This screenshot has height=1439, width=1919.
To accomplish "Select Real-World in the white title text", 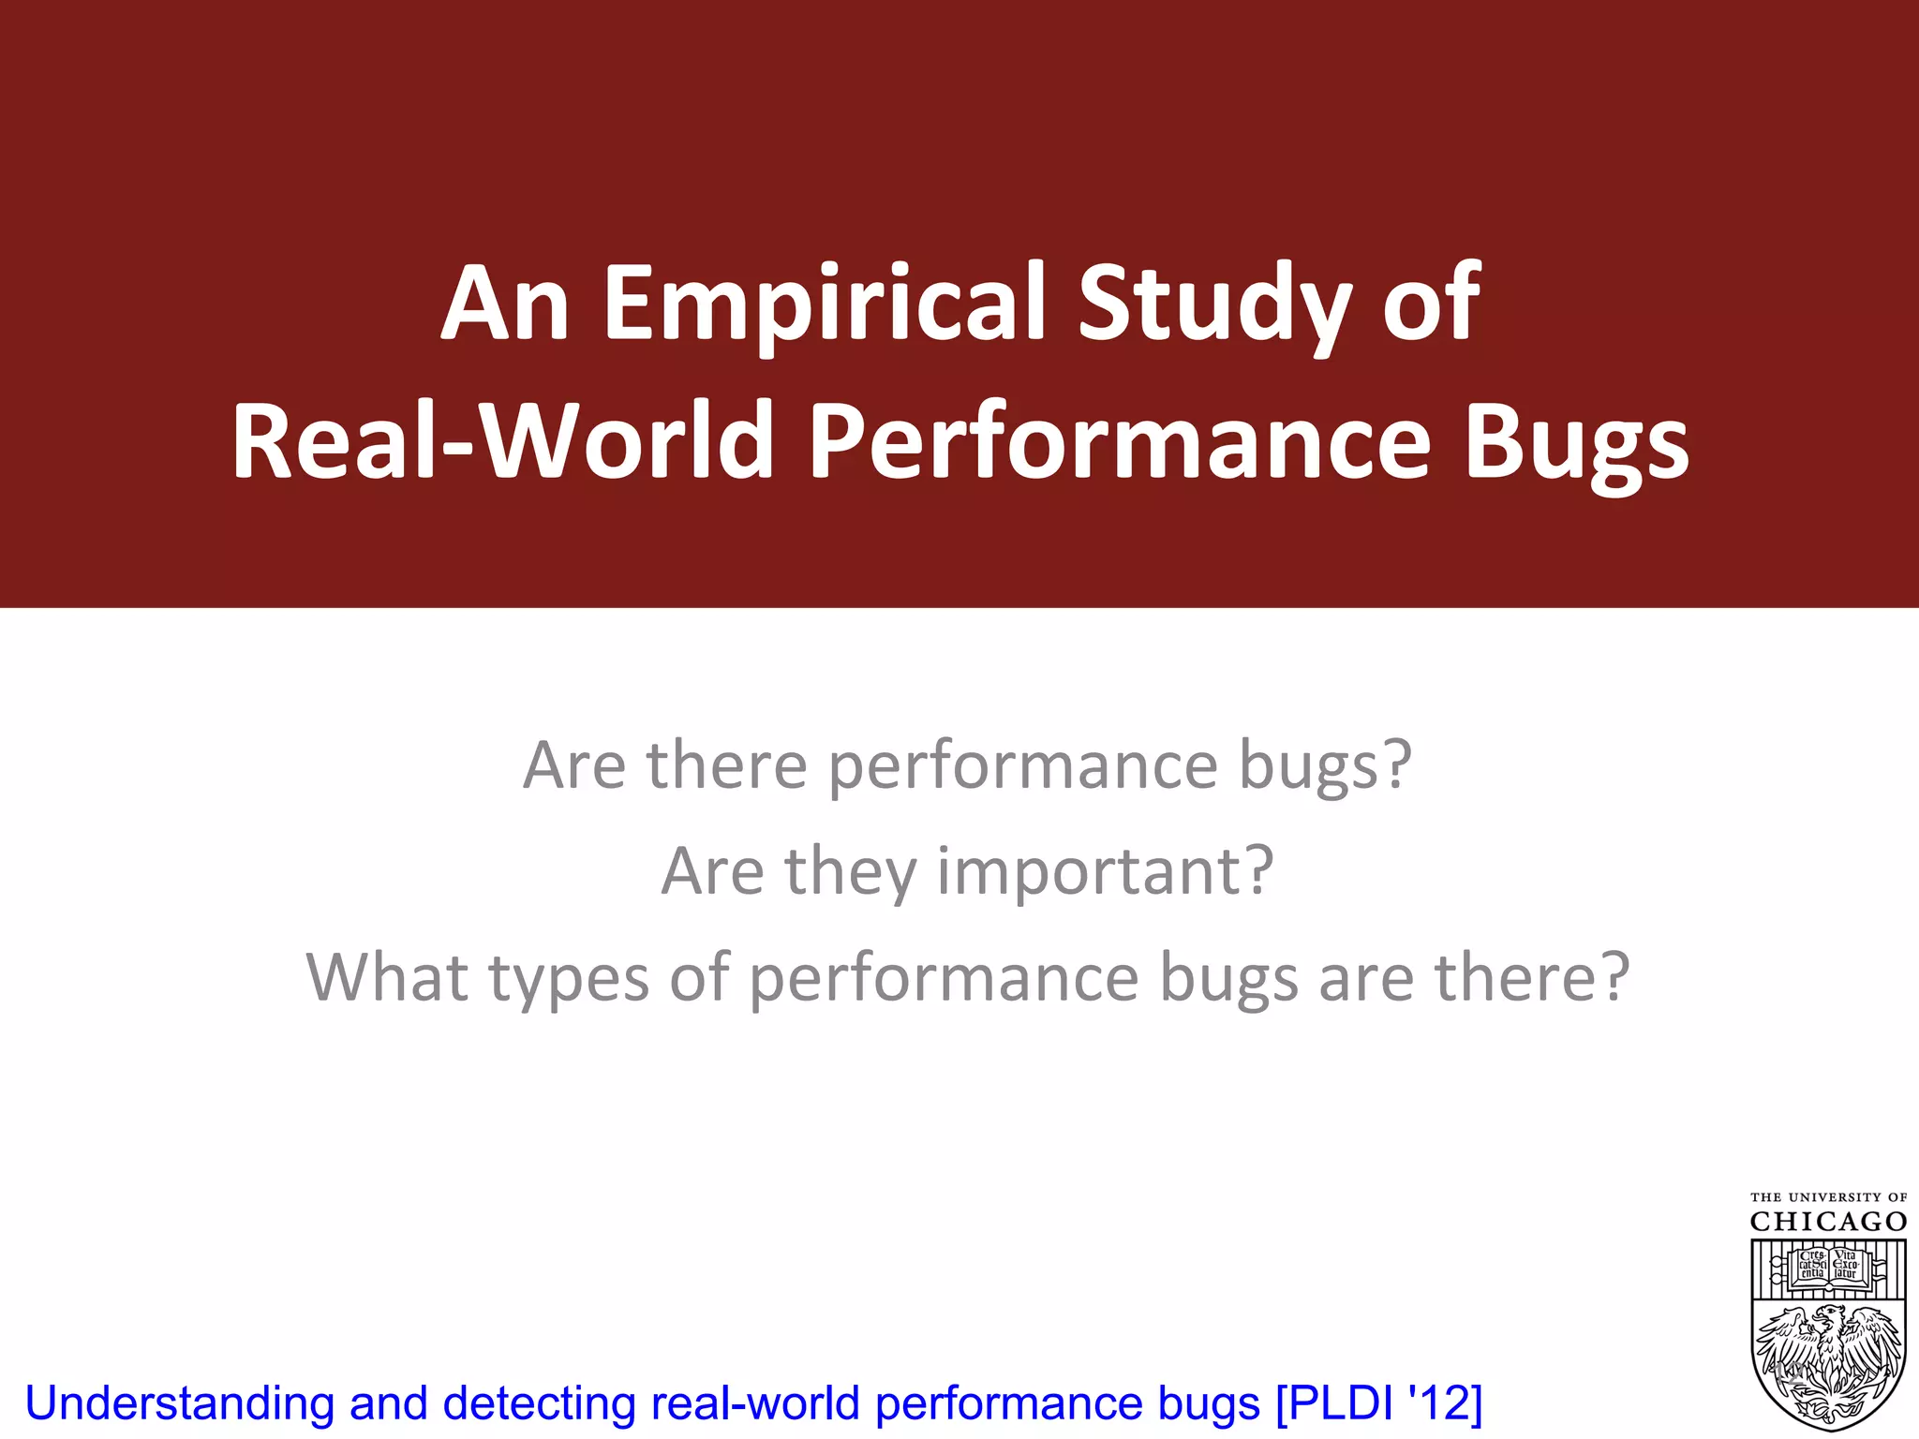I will (501, 440).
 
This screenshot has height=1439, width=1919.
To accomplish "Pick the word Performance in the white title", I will (1120, 440).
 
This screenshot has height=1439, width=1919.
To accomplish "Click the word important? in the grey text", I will (1106, 871).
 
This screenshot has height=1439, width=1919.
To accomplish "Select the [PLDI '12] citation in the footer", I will (1378, 1403).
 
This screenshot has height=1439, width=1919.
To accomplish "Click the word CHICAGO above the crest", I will (1828, 1222).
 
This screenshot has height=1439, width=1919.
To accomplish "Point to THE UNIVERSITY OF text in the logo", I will (1828, 1197).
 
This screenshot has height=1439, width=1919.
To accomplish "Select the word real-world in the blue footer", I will (754, 1403).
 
